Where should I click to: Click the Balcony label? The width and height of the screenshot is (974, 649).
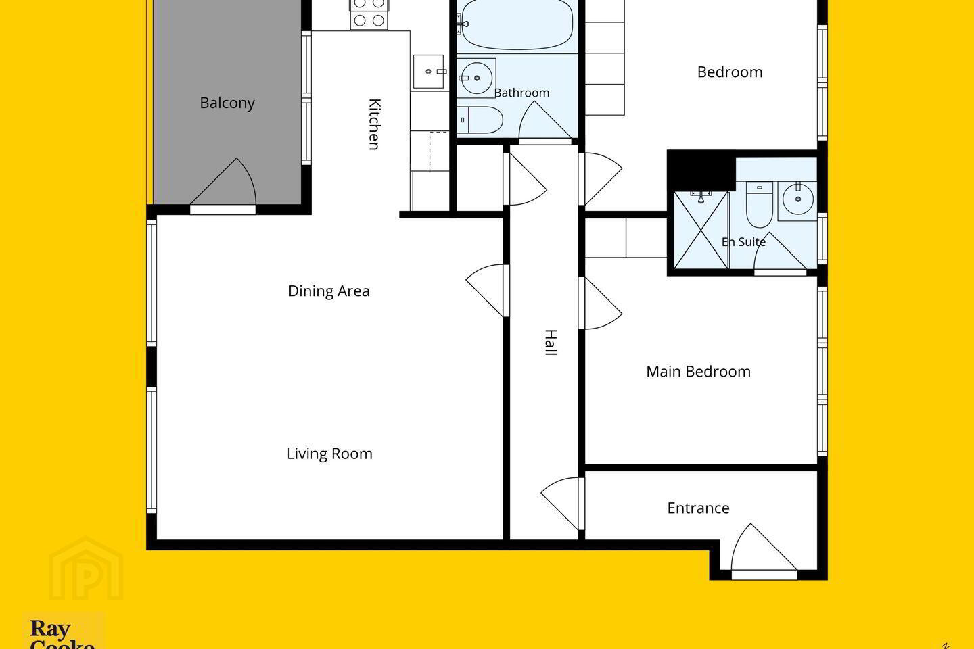coord(227,103)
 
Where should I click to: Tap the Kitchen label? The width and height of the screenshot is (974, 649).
coord(375,124)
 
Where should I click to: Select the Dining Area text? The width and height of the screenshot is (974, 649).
coord(329,291)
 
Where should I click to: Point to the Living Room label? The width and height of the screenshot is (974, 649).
coord(329,454)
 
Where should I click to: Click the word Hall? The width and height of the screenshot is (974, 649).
coord(551,343)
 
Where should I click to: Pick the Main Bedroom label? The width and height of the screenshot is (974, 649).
coord(698,372)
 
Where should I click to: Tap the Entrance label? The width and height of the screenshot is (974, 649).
coord(698,508)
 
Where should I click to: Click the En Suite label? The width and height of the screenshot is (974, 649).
coord(743,242)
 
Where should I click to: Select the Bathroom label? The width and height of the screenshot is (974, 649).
coord(521,93)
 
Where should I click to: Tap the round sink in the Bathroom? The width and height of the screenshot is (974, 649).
coord(477,78)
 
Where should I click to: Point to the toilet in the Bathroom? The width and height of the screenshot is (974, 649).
coord(480,120)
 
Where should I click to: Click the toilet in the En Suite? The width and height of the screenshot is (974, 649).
coord(759,204)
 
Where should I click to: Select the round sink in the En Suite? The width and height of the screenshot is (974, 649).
coord(797,199)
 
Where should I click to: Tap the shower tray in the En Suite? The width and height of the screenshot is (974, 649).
coord(701,231)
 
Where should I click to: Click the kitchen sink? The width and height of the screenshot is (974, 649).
coord(429,72)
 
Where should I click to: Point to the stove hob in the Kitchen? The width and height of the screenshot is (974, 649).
coord(369,14)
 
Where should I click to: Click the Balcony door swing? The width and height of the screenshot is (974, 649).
coord(223,182)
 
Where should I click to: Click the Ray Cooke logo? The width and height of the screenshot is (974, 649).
coord(63,631)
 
